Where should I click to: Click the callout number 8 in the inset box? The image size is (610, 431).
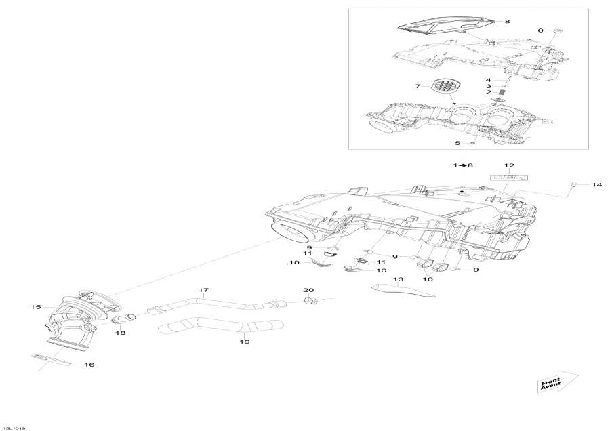507,22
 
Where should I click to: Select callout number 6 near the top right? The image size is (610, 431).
540,30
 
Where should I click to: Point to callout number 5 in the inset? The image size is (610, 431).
457,143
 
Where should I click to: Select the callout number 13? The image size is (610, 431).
398,279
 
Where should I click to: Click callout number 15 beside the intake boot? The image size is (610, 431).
37,307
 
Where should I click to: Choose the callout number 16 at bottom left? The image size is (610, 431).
89,365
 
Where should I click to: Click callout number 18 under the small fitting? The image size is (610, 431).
121,333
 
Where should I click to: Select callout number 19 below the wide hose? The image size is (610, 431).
245,342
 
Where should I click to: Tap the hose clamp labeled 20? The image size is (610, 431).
310,300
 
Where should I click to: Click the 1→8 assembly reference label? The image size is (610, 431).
461,165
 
